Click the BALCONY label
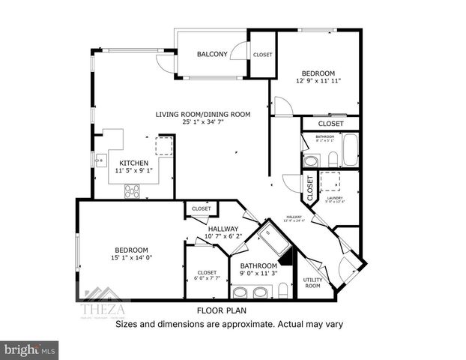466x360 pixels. coord(212,54)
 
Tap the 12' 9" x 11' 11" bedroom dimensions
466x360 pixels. coord(319,80)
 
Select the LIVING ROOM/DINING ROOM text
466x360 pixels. coord(202,114)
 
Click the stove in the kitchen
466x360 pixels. coord(133,191)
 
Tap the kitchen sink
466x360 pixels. coord(99,159)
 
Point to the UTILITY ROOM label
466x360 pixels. coord(312,283)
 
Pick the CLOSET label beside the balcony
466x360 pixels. coord(263,55)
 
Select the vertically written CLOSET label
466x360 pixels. coord(309,189)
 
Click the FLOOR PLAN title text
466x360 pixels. coord(222,310)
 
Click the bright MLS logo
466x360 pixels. coord(30,349)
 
